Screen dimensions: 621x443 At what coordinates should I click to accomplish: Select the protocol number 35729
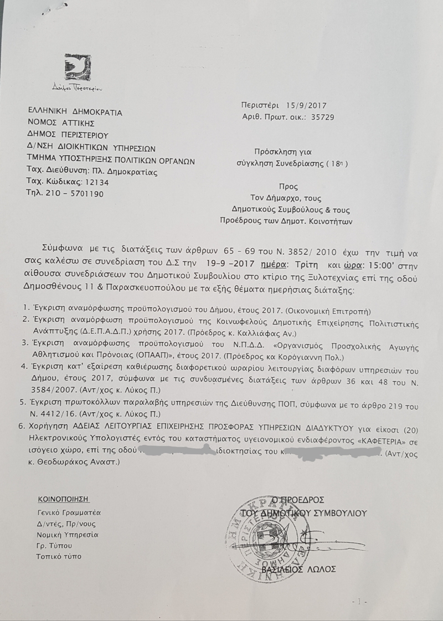[322, 117]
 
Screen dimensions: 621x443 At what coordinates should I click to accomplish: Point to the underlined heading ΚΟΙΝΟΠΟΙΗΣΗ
[63, 499]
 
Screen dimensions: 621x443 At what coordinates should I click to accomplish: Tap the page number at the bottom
[359, 601]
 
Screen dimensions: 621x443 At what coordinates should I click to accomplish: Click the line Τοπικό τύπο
[59, 556]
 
